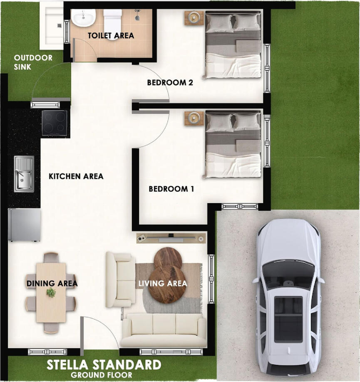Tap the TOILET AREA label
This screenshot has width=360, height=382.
(111, 36)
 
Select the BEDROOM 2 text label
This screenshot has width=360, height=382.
(170, 83)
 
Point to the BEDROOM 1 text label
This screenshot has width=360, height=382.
(171, 189)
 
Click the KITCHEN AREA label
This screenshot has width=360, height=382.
(76, 176)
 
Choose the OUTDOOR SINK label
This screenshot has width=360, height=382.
(33, 62)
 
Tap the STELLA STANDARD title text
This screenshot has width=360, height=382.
(104, 365)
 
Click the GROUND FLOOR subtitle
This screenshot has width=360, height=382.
(102, 375)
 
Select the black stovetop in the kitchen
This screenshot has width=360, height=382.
(55, 123)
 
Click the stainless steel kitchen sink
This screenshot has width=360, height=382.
(24, 174)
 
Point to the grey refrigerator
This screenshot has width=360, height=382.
(25, 224)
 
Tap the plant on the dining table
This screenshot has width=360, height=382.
(51, 292)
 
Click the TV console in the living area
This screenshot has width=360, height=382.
(171, 238)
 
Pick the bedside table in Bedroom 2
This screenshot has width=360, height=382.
(194, 18)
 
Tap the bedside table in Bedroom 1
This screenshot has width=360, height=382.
(194, 118)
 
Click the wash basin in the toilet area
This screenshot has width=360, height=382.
(83, 18)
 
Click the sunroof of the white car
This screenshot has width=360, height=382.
(288, 319)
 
